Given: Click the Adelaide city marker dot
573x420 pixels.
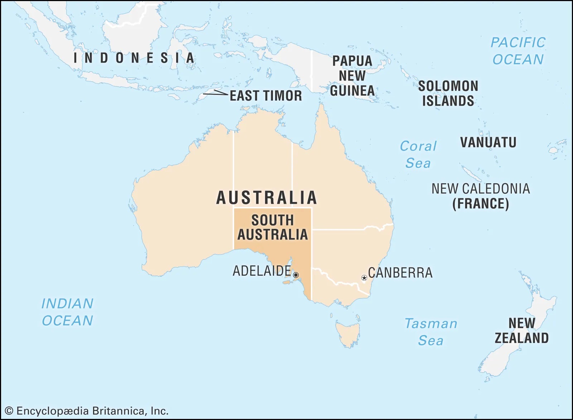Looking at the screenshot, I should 296,275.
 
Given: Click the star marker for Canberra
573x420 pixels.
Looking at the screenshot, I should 364,278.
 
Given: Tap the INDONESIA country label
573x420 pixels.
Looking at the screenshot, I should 134,58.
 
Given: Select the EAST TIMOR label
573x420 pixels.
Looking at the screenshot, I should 266,96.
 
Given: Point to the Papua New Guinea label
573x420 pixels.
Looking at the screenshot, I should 352,76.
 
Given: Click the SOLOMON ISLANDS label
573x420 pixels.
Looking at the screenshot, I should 448,93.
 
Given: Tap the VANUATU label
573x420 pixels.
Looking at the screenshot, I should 488,143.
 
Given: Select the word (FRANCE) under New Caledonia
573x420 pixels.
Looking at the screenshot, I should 480,204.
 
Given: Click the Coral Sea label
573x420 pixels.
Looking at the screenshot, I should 418,155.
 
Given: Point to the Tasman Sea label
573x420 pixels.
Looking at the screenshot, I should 431,332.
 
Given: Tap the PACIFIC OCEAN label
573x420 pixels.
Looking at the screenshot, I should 518,51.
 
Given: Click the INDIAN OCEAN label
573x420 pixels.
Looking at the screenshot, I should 67,312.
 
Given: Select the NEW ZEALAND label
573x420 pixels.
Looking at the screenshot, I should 521,330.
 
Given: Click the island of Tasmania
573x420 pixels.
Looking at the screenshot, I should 347,333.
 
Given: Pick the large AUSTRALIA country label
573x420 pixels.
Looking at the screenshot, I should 267,198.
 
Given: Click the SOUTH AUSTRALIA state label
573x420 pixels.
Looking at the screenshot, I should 273,227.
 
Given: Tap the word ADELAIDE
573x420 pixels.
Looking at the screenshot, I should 262,271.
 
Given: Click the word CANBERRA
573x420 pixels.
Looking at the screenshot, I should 400,273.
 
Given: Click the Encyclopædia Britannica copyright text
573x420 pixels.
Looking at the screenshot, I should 87,411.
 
